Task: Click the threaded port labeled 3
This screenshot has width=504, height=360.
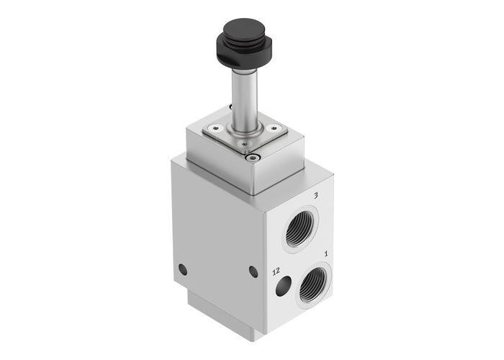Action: point(297,230)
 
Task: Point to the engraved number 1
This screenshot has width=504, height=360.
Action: point(327,253)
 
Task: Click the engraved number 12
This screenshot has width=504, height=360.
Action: point(274,271)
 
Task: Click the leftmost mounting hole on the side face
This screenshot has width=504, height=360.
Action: point(182,269)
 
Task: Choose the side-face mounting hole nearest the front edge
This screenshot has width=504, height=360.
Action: point(253,271)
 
